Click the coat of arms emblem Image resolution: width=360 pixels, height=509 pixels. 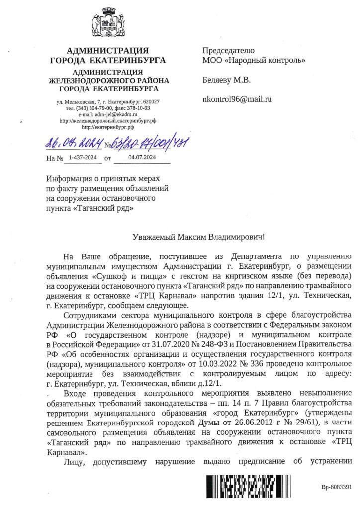pyautogui.click(x=107, y=24)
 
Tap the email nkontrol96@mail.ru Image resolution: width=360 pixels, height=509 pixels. pyautogui.click(x=237, y=99)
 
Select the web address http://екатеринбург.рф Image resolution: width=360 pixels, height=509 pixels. pyautogui.click(x=107, y=127)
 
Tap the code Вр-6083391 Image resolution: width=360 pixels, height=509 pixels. pyautogui.click(x=336, y=487)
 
